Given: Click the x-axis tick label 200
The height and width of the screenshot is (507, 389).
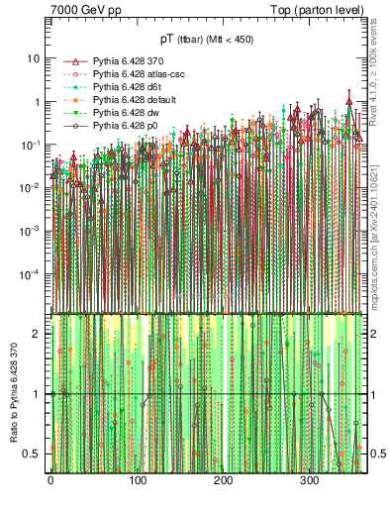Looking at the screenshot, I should (223, 480).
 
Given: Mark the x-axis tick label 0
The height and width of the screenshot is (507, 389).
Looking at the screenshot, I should (50, 480).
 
